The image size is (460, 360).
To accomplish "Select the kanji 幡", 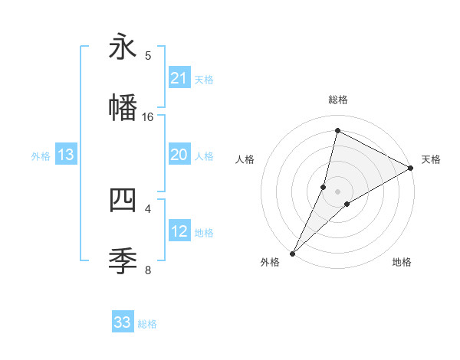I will click(123, 107).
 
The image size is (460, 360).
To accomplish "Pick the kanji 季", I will click(123, 260).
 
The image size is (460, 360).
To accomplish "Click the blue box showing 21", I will click(179, 78).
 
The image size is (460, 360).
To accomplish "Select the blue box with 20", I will click(179, 155).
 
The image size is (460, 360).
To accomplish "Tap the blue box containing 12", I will click(179, 231).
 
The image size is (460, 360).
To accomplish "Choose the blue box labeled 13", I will click(66, 155).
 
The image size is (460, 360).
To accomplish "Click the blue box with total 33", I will click(123, 322).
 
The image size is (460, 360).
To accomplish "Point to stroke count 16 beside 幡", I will click(148, 117).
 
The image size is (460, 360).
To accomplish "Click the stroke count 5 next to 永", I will click(149, 55).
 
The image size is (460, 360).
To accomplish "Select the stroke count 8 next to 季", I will click(149, 270).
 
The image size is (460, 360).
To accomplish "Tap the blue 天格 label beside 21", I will click(204, 80).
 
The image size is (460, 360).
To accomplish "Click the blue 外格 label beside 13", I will click(41, 156).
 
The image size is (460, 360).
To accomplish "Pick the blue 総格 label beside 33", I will click(147, 324).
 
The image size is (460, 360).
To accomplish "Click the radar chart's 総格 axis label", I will click(337, 100).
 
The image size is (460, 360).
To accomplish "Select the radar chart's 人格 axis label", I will click(245, 159).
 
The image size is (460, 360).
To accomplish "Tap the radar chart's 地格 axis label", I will click(402, 262).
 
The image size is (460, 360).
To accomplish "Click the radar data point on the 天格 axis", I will click(411, 168).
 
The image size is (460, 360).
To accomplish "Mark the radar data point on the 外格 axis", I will click(293, 253).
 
